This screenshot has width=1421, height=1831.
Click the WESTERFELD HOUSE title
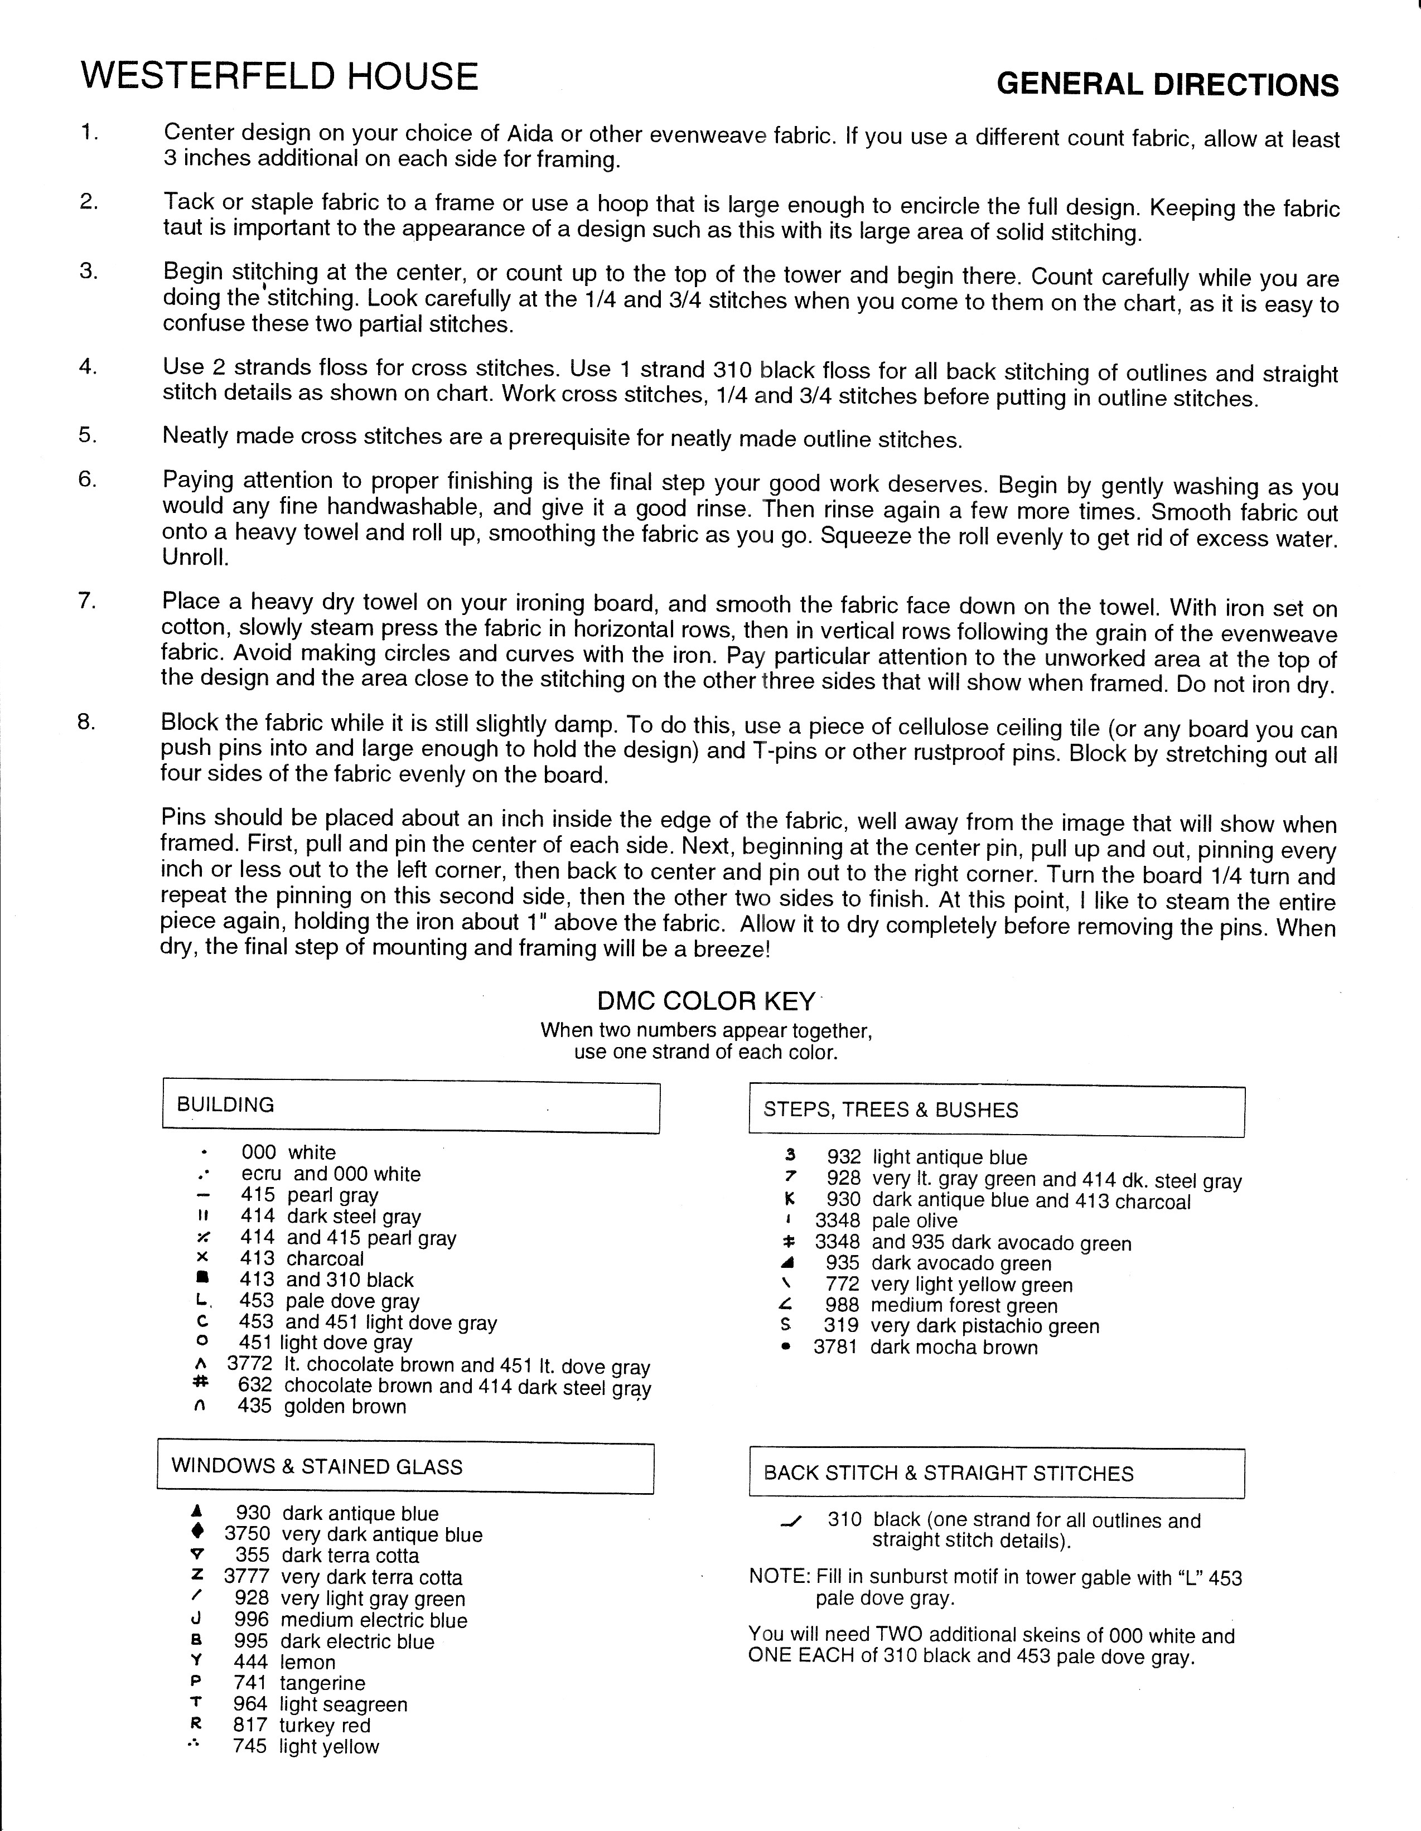pos(279,77)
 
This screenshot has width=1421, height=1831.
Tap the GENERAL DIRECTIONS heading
pos(1167,85)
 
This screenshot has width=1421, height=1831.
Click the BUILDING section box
pos(411,1107)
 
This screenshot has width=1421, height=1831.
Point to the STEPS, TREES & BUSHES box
pos(996,1111)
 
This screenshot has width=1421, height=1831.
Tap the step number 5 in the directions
pos(88,435)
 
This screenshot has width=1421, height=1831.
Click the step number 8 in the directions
pos(86,721)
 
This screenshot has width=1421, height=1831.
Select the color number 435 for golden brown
pos(255,1406)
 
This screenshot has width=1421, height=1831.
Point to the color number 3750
pos(247,1534)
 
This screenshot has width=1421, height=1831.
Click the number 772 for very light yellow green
pos(843,1285)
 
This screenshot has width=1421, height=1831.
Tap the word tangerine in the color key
pos(323,1683)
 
